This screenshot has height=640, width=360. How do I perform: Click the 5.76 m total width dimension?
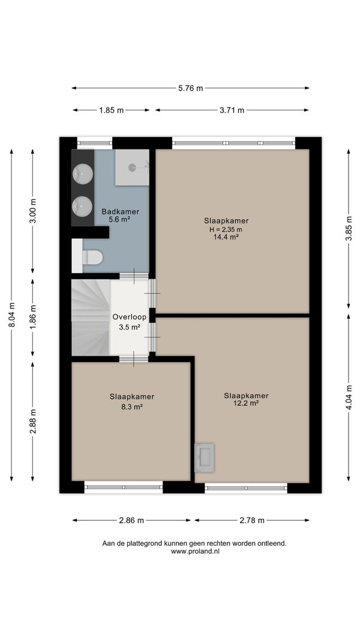pyautogui.click(x=190, y=88)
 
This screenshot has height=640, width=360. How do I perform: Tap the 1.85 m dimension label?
pyautogui.click(x=112, y=110)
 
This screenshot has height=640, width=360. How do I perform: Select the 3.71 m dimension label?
pyautogui.click(x=232, y=110)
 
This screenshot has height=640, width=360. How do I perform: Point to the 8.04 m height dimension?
pyautogui.click(x=12, y=314)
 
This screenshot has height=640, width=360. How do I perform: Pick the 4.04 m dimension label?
pyautogui.click(x=349, y=398)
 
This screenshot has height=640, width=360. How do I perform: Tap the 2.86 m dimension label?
pyautogui.click(x=131, y=521)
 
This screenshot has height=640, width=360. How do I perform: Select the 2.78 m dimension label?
pyautogui.click(x=252, y=521)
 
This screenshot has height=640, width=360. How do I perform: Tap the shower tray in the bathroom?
pyautogui.click(x=132, y=168)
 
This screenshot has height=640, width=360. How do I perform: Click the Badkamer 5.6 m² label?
pyautogui.click(x=120, y=216)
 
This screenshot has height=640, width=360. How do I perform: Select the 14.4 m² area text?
pyautogui.click(x=226, y=237)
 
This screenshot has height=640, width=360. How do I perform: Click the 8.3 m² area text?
pyautogui.click(x=131, y=406)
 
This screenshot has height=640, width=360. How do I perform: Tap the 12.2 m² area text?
pyautogui.click(x=246, y=403)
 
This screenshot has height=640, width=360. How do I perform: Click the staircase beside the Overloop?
pyautogui.click(x=91, y=317)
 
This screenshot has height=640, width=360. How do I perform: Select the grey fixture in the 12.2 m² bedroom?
pyautogui.click(x=205, y=457)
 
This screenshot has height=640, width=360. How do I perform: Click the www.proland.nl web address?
pyautogui.click(x=195, y=551)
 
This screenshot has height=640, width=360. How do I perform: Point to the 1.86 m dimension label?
pyautogui.click(x=33, y=317)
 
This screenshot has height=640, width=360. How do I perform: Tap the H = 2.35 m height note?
pyautogui.click(x=226, y=229)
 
